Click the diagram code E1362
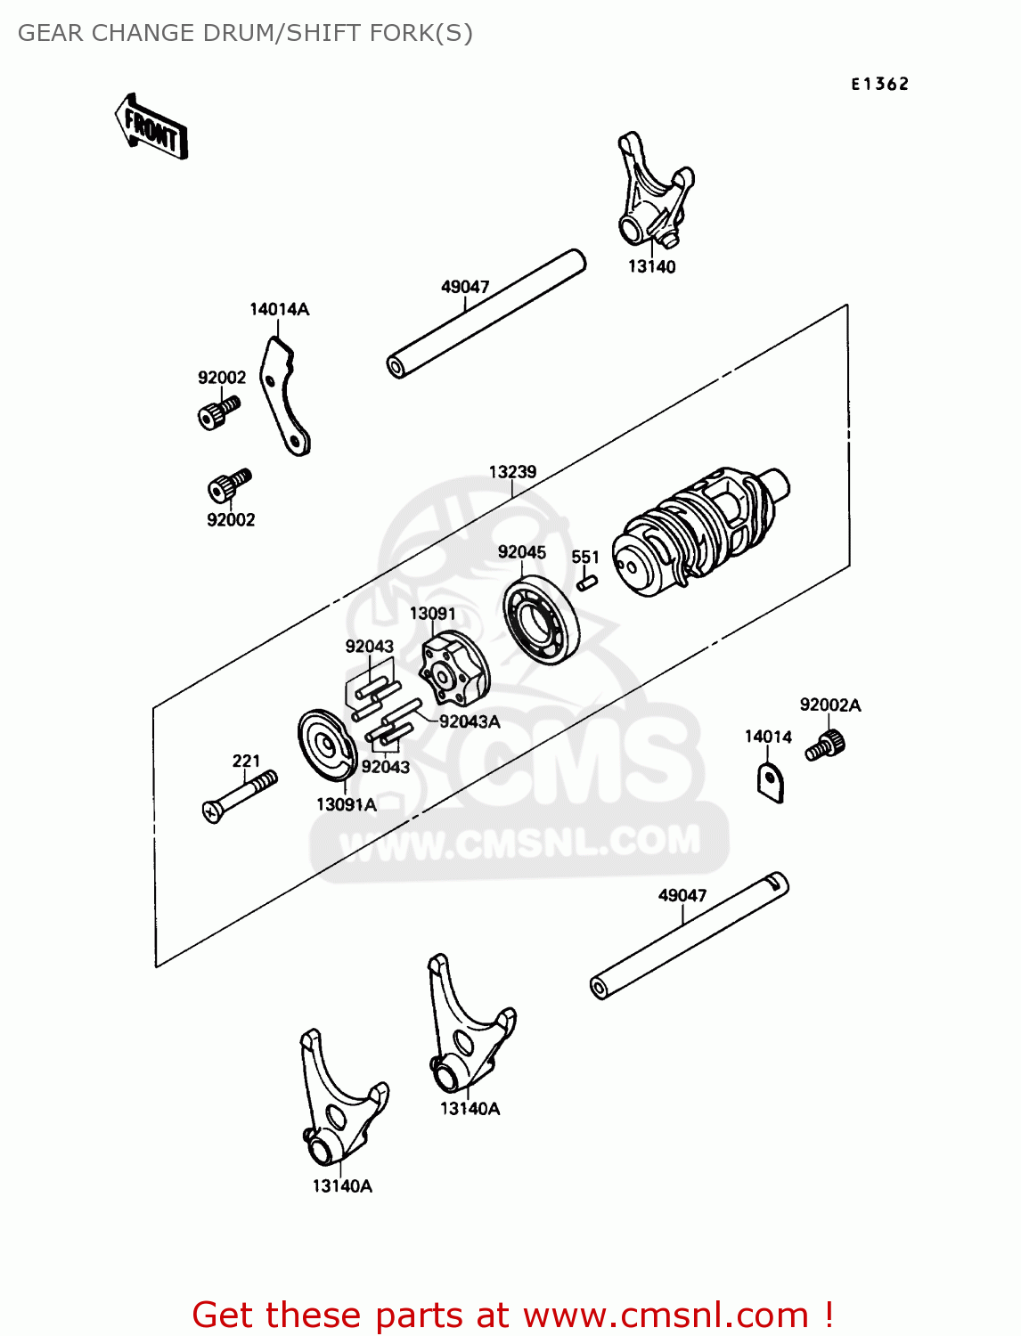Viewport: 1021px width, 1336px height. [879, 84]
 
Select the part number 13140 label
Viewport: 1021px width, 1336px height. [651, 266]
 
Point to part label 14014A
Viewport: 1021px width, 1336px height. [279, 309]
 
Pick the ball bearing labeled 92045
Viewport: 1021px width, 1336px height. [541, 619]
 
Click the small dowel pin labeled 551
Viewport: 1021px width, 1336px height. [586, 582]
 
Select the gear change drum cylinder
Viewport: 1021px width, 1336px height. [699, 530]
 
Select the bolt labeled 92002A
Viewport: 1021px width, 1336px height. [826, 744]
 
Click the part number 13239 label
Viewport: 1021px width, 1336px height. [512, 471]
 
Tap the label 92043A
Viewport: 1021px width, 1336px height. [470, 721]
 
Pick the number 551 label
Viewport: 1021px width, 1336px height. [585, 557]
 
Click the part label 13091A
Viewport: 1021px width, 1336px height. [346, 804]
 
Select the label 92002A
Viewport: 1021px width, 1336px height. [830, 705]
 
